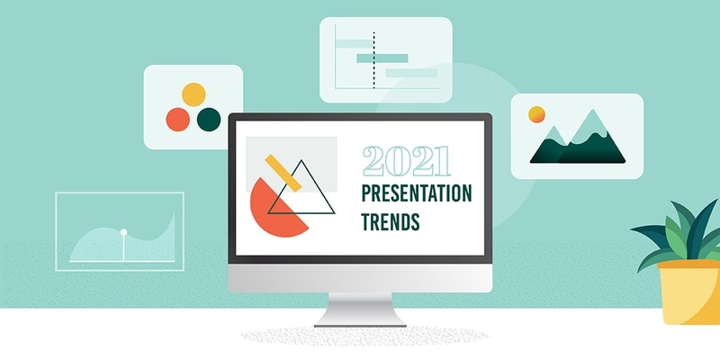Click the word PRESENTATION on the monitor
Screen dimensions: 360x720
[416, 193]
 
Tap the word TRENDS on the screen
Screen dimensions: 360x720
[390, 220]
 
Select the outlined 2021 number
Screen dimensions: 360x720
[406, 162]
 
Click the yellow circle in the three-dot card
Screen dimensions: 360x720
[193, 94]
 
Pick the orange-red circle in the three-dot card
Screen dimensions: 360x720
[178, 118]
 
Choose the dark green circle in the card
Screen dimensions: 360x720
[209, 118]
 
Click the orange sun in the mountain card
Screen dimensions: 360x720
[536, 114]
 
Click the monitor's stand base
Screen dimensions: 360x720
[359, 319]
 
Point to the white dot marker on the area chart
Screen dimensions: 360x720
[123, 233]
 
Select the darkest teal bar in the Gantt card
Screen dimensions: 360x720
[382, 58]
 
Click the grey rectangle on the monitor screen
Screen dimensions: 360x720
[315, 153]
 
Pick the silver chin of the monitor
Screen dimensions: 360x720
[359, 278]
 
